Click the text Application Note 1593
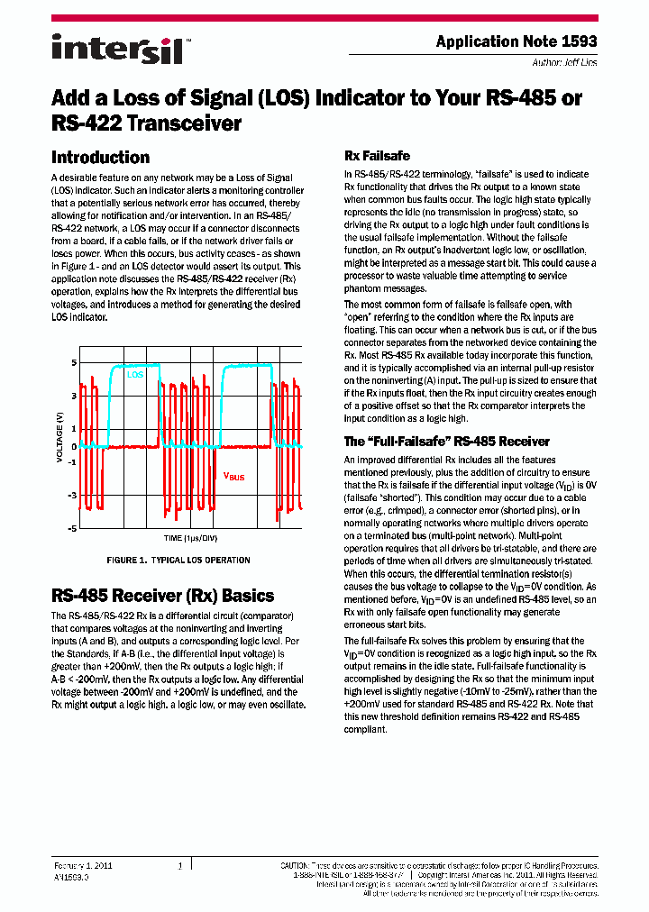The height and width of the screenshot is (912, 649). [516, 41]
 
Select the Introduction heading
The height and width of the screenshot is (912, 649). [100, 157]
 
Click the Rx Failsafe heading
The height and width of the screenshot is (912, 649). [377, 156]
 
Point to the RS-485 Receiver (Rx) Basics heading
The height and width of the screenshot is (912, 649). [162, 596]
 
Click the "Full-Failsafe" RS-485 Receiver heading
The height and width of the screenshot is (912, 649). [446, 442]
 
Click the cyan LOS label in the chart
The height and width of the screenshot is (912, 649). [134, 373]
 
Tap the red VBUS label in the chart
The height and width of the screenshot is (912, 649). [233, 476]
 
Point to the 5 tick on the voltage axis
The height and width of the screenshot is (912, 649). [73, 362]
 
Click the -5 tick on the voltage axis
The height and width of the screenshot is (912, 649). [71, 528]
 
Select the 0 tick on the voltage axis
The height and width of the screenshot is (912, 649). [73, 446]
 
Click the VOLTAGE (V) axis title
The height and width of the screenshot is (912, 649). [60, 437]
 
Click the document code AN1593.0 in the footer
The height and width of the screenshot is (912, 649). [71, 876]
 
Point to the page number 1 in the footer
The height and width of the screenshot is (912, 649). [180, 866]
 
